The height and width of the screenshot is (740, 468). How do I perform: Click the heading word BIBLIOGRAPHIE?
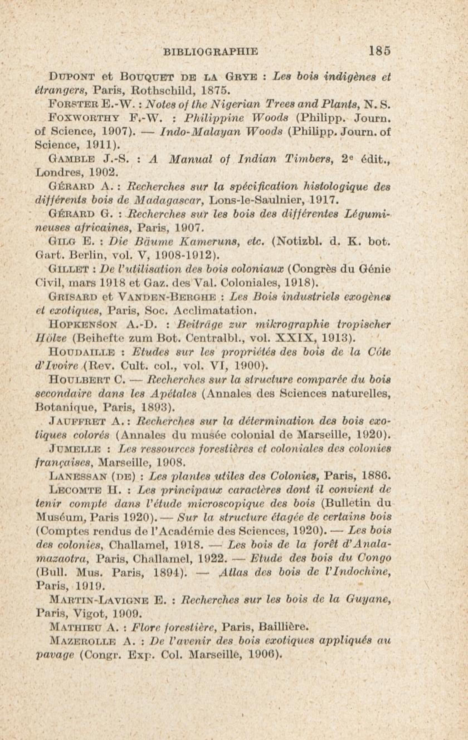click(211, 51)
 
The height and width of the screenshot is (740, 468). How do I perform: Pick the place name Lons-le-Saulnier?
click(252, 200)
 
